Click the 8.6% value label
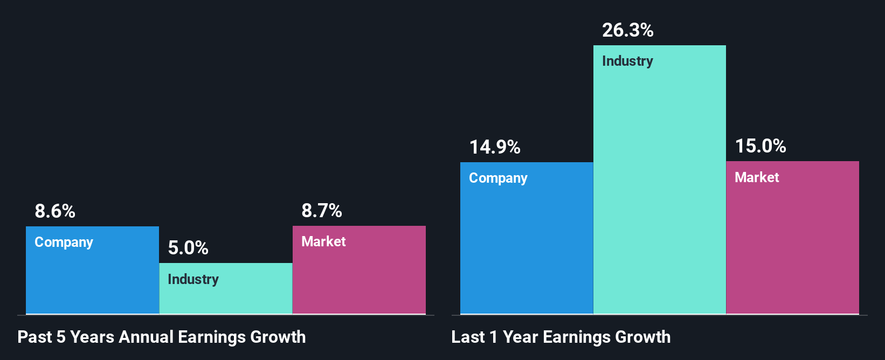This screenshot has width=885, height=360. (55, 211)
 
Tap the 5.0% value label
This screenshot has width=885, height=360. (188, 248)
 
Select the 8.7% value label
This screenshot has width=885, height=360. (322, 211)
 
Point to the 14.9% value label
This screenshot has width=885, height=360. (495, 147)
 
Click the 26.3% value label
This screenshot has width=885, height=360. (628, 30)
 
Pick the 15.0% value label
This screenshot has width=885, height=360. (760, 146)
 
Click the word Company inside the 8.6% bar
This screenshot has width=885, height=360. (64, 242)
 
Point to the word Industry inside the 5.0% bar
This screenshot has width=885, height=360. (193, 279)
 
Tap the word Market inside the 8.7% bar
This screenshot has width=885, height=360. (323, 241)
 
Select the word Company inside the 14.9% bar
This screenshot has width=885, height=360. (498, 178)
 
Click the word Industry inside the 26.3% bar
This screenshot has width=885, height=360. (627, 61)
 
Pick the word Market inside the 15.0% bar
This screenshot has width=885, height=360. (757, 177)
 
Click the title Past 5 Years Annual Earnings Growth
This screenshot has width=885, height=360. (162, 337)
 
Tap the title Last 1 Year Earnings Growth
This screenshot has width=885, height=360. (561, 337)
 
